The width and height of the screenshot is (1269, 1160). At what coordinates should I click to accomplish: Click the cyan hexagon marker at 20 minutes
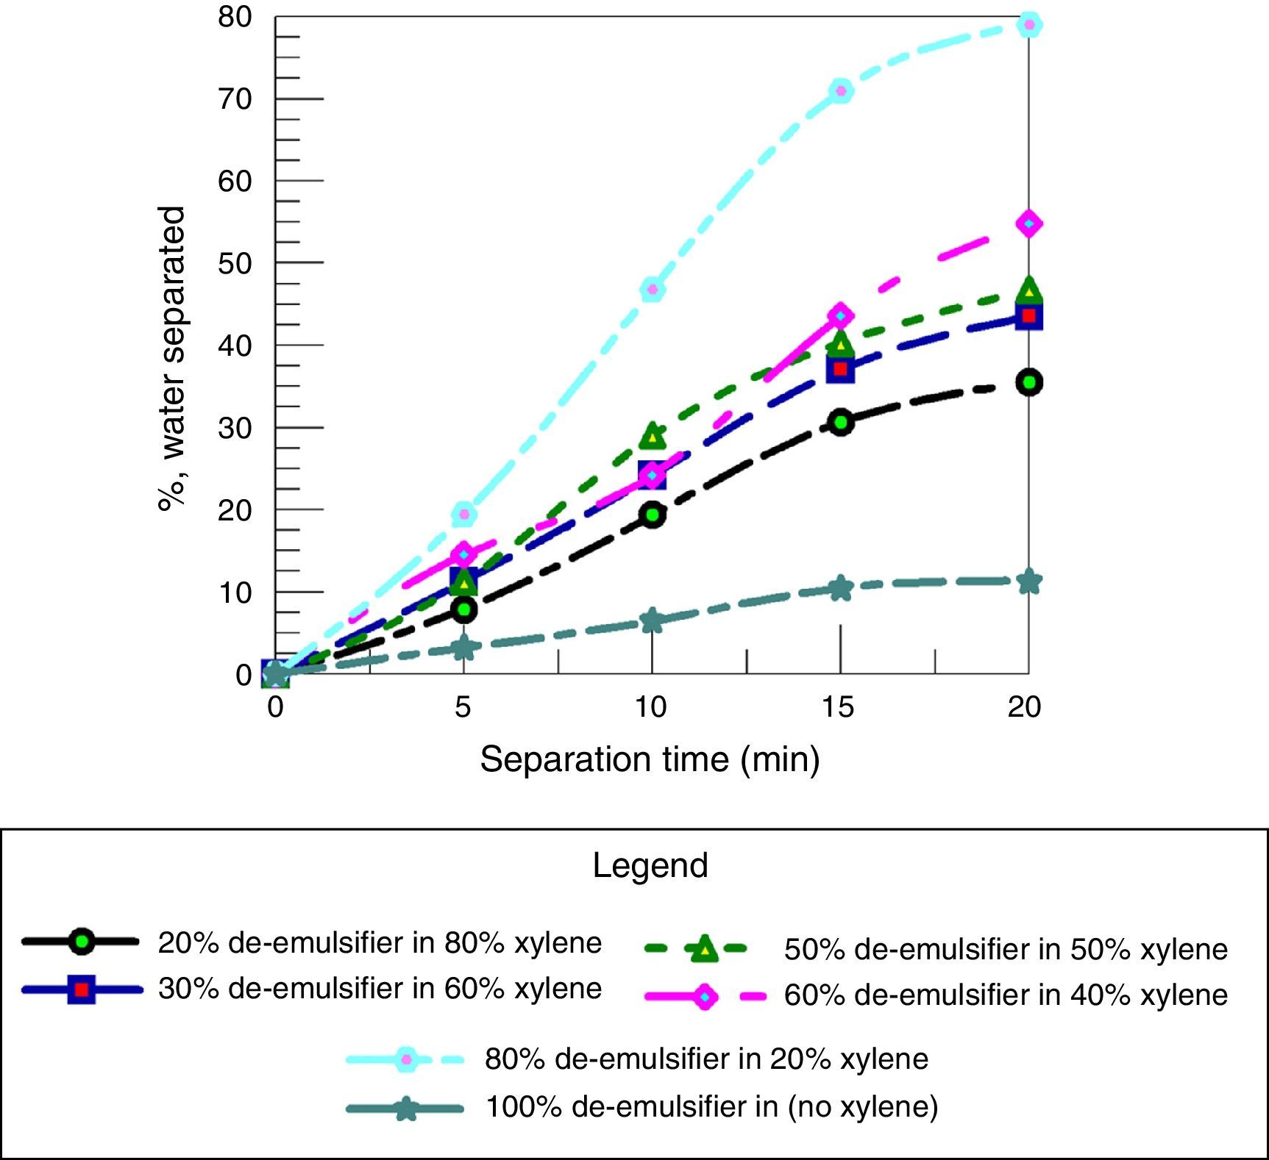(x=1029, y=25)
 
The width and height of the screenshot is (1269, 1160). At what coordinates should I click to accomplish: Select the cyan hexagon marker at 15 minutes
(x=840, y=91)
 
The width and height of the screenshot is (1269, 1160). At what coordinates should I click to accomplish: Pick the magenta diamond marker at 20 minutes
(x=1029, y=223)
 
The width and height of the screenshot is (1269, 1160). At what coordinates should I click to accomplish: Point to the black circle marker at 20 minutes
(x=1029, y=382)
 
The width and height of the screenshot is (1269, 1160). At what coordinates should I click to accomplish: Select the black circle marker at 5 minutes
(x=463, y=609)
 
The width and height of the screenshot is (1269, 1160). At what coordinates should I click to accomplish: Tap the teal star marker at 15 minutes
(x=840, y=588)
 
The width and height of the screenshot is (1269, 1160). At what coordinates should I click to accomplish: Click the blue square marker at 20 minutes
(x=1029, y=317)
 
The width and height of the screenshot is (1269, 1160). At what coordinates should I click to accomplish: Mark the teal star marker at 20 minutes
(x=1029, y=582)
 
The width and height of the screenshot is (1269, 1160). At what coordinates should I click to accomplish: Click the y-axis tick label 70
(x=235, y=99)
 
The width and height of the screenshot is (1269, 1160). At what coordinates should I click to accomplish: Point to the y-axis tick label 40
(x=235, y=346)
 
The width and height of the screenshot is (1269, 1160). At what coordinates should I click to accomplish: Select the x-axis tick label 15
(x=839, y=707)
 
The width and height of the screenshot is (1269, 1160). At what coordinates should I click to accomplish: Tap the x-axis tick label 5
(x=463, y=707)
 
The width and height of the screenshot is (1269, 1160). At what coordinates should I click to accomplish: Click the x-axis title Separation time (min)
(x=650, y=759)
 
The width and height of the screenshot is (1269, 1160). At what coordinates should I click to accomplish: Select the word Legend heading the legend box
(x=650, y=866)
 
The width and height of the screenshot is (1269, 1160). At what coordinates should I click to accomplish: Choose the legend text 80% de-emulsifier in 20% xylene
(x=706, y=1059)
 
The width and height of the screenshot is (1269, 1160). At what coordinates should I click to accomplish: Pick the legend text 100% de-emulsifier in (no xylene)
(x=711, y=1106)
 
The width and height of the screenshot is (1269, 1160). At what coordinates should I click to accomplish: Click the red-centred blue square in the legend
(x=82, y=989)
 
